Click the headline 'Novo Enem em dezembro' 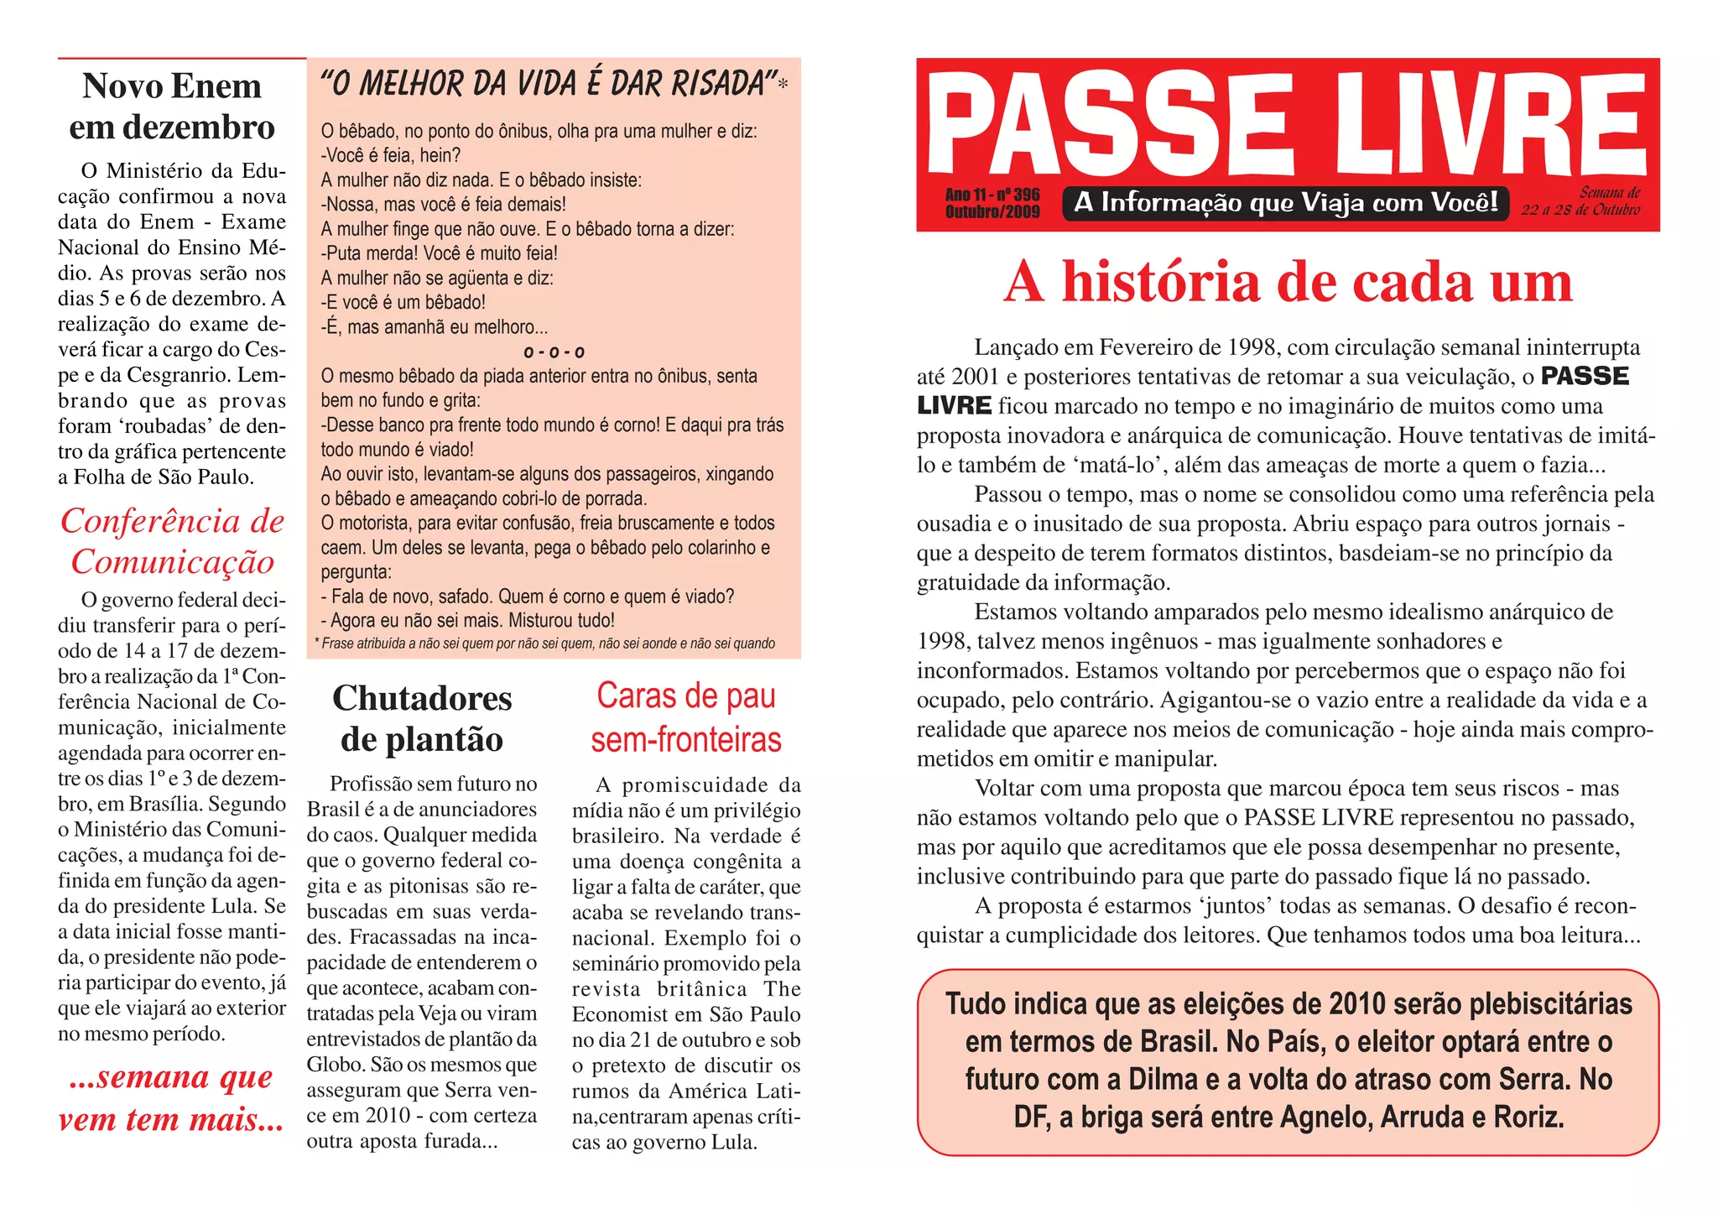click(172, 107)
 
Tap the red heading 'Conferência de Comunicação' click(172, 541)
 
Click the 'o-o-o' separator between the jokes click(554, 352)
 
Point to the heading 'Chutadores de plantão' click(422, 718)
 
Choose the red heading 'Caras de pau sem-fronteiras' click(686, 718)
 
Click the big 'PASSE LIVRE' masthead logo click(1287, 123)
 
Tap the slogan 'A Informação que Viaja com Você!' click(1286, 203)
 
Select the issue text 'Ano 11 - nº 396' click(992, 195)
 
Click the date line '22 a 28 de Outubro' click(1580, 210)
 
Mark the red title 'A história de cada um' click(1288, 282)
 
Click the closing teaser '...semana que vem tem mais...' click(172, 1097)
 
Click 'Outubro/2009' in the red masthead click(992, 211)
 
